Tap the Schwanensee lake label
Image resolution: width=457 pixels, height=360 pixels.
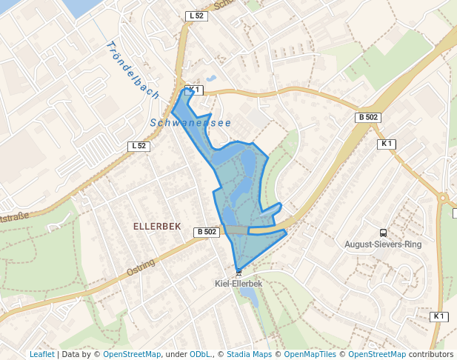[190, 122]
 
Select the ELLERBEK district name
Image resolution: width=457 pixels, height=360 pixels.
[157, 225]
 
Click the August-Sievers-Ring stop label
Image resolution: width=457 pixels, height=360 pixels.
[383, 244]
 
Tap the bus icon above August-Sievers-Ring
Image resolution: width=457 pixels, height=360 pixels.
[383, 233]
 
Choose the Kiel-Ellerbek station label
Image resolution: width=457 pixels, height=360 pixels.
[238, 283]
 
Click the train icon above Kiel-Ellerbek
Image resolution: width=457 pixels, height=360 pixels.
[238, 273]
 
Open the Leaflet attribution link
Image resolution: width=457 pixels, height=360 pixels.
[41, 355]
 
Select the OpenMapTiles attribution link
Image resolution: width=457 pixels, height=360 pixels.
[311, 355]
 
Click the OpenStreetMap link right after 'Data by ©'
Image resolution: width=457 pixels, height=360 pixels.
[132, 355]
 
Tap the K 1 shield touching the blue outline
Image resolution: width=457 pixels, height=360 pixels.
[193, 90]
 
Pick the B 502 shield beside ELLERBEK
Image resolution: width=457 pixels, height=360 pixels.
[207, 232]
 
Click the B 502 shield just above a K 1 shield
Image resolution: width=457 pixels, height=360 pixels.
[368, 117]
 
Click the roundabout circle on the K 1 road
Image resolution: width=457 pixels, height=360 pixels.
[444, 197]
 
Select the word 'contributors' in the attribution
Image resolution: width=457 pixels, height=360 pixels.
[431, 355]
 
